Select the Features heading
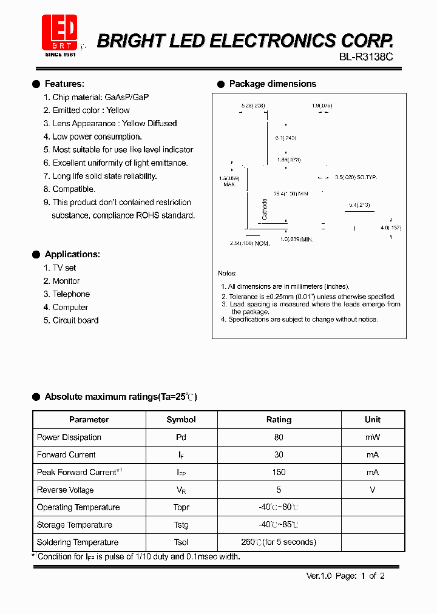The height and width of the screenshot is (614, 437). [64, 84]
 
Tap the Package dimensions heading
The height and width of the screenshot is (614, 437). [273, 84]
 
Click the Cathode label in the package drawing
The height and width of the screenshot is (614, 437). [265, 209]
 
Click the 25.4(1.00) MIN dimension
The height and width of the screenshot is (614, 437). [291, 194]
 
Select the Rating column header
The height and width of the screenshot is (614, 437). [279, 420]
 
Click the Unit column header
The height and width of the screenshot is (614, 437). [373, 420]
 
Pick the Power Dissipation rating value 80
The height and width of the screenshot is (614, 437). [279, 437]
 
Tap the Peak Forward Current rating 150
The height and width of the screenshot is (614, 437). [279, 473]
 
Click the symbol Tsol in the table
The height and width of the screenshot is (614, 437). [181, 542]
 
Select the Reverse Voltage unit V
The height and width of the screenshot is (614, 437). [373, 490]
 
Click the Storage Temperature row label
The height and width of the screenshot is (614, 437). [75, 525]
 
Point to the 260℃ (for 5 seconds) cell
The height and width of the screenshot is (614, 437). [279, 542]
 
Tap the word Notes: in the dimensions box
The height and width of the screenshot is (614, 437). [228, 274]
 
